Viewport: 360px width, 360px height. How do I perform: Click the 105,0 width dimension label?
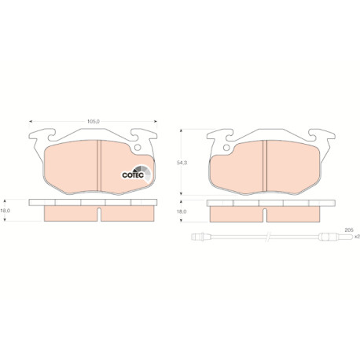pos(94,122)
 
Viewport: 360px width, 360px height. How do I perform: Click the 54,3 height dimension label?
pos(182,163)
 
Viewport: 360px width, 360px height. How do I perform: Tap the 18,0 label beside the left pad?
pos(6,211)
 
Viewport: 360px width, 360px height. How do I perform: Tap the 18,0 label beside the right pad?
pos(182,211)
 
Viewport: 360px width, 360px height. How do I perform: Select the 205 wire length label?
pos(349,230)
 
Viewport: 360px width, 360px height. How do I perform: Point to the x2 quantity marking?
pos(357,237)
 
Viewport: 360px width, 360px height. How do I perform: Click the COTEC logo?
pos(137,174)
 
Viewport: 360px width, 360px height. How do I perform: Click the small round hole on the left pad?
pos(138,148)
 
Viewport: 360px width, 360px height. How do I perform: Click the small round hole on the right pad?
pos(226,148)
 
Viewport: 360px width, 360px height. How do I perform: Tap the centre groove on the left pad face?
pos(99,166)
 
